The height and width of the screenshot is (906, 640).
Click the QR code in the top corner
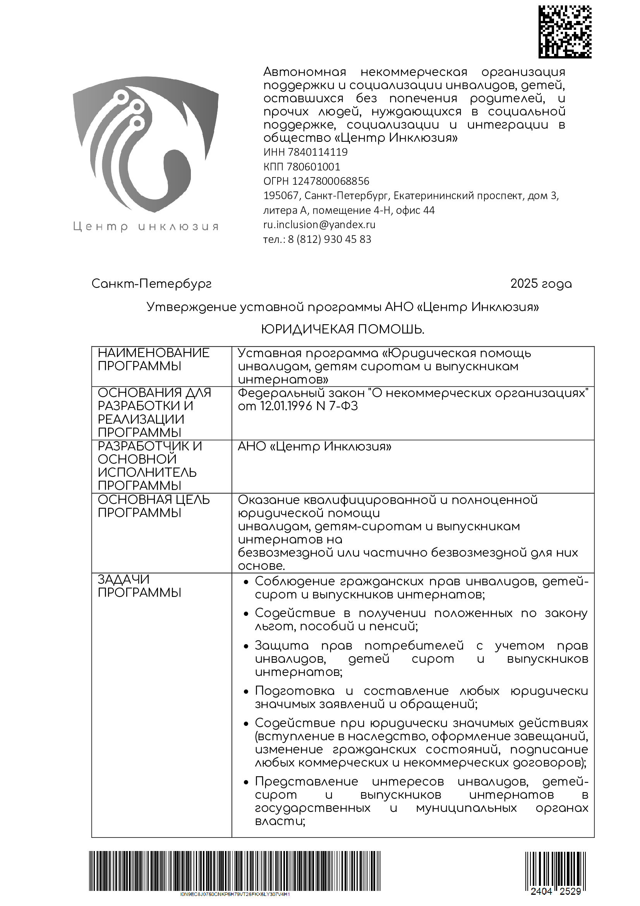(565, 33)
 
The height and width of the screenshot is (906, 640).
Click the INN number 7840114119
(317, 152)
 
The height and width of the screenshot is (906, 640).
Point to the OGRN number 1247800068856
(330, 182)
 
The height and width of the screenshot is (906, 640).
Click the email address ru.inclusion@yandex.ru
(319, 225)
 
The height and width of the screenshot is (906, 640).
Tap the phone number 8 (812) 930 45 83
(329, 239)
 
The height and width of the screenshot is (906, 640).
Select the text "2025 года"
(540, 284)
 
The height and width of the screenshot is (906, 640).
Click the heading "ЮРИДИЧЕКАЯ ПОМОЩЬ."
(343, 330)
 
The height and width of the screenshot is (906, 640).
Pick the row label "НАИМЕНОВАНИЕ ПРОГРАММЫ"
(153, 359)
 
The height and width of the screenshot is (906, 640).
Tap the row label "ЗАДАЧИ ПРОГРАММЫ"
(139, 586)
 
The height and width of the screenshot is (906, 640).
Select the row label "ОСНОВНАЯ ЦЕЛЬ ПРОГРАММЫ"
(153, 506)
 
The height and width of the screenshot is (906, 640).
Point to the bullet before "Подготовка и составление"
(246, 692)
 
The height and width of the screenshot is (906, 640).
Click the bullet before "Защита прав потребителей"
(246, 646)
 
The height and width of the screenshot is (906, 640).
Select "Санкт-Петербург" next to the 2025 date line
(151, 284)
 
